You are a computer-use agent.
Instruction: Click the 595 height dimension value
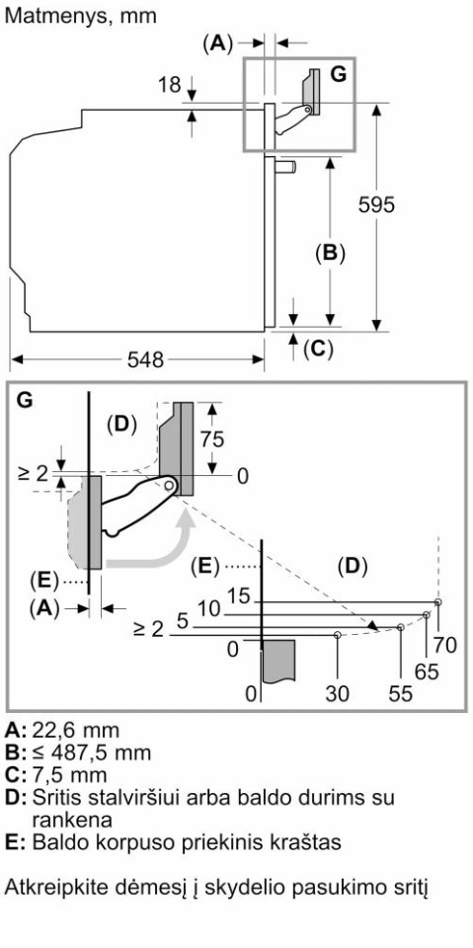(x=376, y=205)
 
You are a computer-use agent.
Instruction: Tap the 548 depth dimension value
(x=146, y=360)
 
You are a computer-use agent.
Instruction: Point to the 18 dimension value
(x=170, y=85)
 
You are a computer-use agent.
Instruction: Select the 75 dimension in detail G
(x=212, y=438)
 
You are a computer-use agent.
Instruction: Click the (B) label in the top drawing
(x=330, y=253)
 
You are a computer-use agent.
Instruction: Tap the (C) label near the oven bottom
(x=318, y=349)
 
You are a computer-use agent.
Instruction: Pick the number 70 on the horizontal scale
(x=445, y=646)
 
